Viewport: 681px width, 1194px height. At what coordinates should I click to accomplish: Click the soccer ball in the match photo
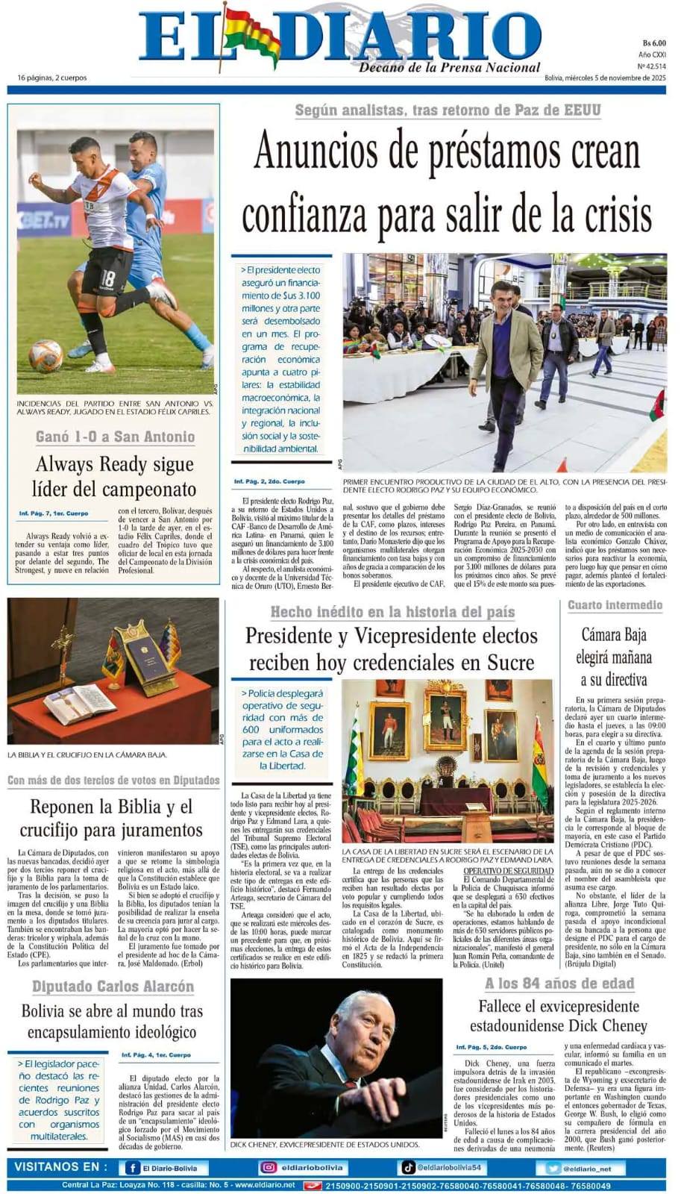click(x=45, y=356)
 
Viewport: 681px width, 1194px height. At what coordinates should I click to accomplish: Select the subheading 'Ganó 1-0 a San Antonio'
click(x=115, y=437)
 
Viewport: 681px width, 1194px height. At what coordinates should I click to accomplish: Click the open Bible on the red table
click(x=80, y=703)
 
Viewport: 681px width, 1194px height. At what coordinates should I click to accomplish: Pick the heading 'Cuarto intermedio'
click(x=615, y=604)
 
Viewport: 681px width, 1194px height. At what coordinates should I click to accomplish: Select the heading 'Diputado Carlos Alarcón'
click(x=113, y=987)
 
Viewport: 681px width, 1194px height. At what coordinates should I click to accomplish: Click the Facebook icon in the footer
click(x=133, y=1168)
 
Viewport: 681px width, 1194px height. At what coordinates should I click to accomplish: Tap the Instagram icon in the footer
click(x=268, y=1168)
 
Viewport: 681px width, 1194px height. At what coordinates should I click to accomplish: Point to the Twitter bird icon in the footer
click(x=553, y=1169)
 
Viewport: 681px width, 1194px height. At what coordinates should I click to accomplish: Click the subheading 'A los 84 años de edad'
click(x=559, y=984)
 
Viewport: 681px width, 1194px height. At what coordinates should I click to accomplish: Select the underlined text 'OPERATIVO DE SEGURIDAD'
click(x=508, y=871)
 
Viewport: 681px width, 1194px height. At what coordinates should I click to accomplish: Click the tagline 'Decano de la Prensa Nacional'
click(x=449, y=68)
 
